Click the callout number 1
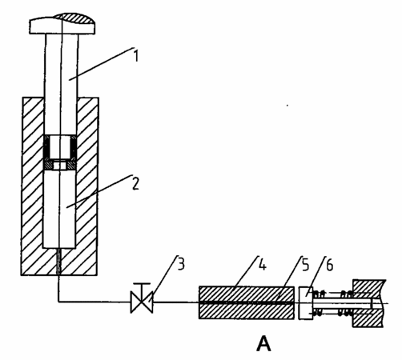point(136,56)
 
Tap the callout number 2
point(136,184)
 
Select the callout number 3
point(181,265)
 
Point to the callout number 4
point(263,265)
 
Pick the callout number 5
point(305,265)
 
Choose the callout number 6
point(330,266)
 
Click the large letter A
point(263,343)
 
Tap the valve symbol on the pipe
point(142,302)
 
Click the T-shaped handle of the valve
point(142,288)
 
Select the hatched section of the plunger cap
point(76,18)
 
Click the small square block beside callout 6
point(306,302)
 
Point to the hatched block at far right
point(369,303)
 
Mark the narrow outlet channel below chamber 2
point(59,262)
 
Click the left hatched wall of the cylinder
point(32,186)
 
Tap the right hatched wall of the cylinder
point(87,186)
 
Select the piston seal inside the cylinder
point(60,153)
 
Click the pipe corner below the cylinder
point(58,302)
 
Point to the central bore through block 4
point(247,302)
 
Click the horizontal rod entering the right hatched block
point(343,303)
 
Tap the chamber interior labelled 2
point(59,209)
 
